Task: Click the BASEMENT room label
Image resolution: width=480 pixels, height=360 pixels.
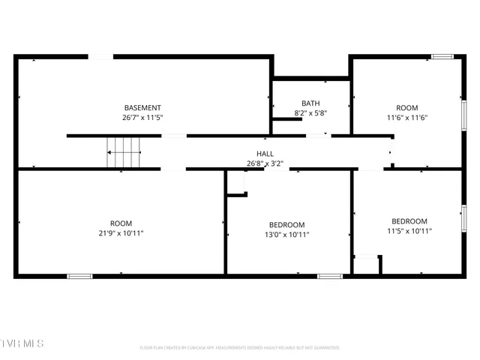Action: (x=142, y=108)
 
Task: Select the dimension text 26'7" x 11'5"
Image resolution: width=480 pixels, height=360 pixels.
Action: (x=142, y=118)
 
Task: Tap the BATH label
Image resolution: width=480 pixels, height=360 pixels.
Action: (x=310, y=103)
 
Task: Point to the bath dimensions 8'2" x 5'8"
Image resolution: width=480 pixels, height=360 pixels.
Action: (x=310, y=113)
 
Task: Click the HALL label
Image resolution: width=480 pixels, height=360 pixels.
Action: (x=265, y=154)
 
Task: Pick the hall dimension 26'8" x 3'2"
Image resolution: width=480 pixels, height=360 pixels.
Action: (x=265, y=163)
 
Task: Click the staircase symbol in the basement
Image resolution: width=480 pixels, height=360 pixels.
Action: (x=124, y=152)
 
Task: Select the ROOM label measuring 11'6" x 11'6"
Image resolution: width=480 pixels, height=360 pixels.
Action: (x=407, y=108)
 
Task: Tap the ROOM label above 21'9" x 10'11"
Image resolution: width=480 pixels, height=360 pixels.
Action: (x=121, y=223)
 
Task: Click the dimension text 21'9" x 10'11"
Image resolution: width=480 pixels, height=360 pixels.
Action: (x=121, y=233)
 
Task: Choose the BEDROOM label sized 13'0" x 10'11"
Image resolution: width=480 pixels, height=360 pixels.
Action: (x=287, y=225)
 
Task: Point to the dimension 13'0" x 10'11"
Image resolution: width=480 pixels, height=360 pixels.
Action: (x=287, y=235)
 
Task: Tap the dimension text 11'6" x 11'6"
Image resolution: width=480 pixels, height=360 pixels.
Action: (x=407, y=118)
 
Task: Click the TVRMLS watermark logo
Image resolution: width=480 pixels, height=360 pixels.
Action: (x=22, y=343)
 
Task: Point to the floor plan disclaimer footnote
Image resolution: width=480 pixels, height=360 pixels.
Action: (x=240, y=348)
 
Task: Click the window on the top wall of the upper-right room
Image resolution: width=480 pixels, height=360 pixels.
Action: (x=442, y=56)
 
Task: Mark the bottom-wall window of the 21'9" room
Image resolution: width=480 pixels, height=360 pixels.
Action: (x=79, y=276)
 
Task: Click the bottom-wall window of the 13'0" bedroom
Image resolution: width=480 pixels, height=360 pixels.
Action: (x=329, y=276)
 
